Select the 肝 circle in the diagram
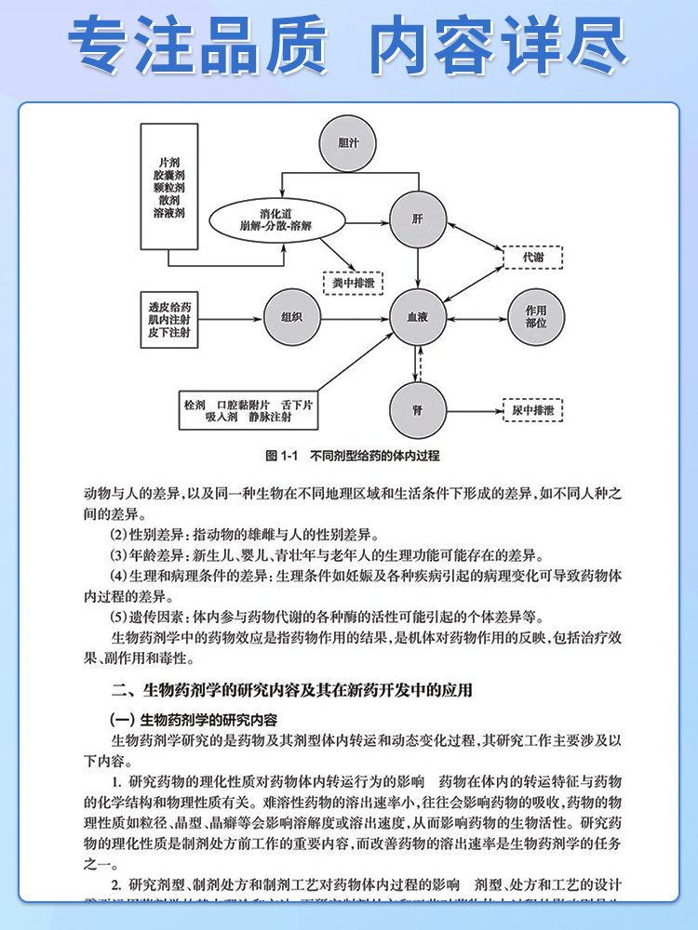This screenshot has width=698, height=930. (417, 219)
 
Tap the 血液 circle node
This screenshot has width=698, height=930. (417, 316)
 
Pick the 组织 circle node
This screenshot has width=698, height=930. (291, 316)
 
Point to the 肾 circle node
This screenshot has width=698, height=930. (417, 409)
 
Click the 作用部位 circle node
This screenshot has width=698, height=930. (535, 316)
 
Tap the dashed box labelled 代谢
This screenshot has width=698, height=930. (532, 256)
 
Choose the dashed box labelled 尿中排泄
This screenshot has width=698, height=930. (533, 409)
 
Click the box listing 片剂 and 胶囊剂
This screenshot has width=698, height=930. (169, 187)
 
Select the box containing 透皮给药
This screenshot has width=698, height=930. (168, 318)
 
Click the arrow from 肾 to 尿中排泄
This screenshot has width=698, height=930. (474, 409)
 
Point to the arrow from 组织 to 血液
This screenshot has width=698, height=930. (354, 316)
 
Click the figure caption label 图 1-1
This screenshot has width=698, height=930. (280, 456)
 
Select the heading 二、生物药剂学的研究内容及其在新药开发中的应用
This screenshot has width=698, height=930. (291, 690)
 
